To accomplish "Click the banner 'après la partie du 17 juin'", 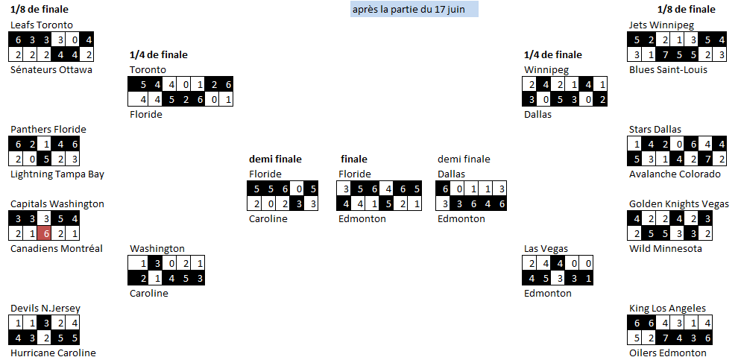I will coord(414,9).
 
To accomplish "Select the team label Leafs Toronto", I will coord(42,25).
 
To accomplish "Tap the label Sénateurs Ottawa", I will coord(51,69).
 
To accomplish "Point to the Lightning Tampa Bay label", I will coord(57,174).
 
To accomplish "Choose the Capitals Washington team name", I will coord(57,203).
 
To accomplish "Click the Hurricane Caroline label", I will coord(53,353).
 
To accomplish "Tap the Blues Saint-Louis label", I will coord(668,69).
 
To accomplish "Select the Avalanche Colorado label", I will coord(675,174).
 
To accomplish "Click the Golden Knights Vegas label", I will coord(679,203).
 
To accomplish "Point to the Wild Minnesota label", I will coord(665,248).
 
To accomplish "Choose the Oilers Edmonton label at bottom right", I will coord(667,353).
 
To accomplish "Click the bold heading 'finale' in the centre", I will coord(354,159).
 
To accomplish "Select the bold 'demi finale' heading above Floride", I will coord(275,159).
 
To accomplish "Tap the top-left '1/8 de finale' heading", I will coord(39,10).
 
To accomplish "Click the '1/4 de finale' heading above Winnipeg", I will coord(553,54).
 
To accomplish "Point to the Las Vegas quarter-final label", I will coord(546,248).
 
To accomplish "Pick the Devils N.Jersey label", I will coord(45,308).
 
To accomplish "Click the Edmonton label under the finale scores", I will coord(362,218).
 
